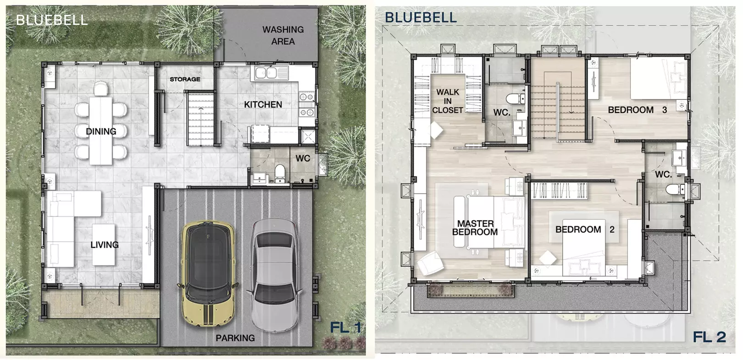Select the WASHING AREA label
(x=283, y=35)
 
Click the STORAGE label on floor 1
(x=185, y=79)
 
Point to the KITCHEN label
(x=263, y=105)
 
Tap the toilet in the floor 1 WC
(x=280, y=173)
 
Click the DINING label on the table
(x=101, y=132)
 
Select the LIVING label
(x=105, y=245)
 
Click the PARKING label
(x=235, y=338)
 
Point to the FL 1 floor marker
(x=345, y=328)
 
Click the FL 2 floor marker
(x=709, y=337)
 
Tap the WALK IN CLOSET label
(x=448, y=101)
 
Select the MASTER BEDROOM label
(x=475, y=228)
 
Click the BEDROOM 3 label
(x=637, y=110)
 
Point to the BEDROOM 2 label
(x=585, y=230)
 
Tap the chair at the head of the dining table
(x=101, y=89)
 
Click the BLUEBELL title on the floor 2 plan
(x=421, y=17)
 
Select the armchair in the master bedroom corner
(x=430, y=262)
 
